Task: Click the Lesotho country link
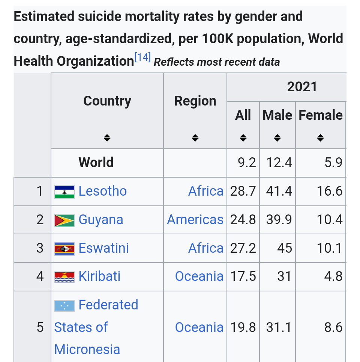(x=102, y=191)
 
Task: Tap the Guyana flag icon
(x=64, y=220)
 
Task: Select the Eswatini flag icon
(x=64, y=249)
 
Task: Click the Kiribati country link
(x=99, y=276)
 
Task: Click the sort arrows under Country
(x=107, y=138)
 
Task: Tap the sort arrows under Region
(x=195, y=138)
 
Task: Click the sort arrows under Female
(x=320, y=138)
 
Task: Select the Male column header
(x=277, y=115)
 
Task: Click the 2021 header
(x=302, y=87)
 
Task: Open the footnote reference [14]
(x=142, y=57)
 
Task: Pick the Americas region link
(x=195, y=220)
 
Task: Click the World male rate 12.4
(x=279, y=163)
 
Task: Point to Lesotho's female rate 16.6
(x=329, y=191)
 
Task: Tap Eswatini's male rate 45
(x=285, y=248)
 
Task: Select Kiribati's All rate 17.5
(x=243, y=276)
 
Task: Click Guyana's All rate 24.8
(x=243, y=220)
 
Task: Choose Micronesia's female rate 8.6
(x=333, y=327)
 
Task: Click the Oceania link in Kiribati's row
(x=199, y=276)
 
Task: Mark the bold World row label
(x=96, y=163)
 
